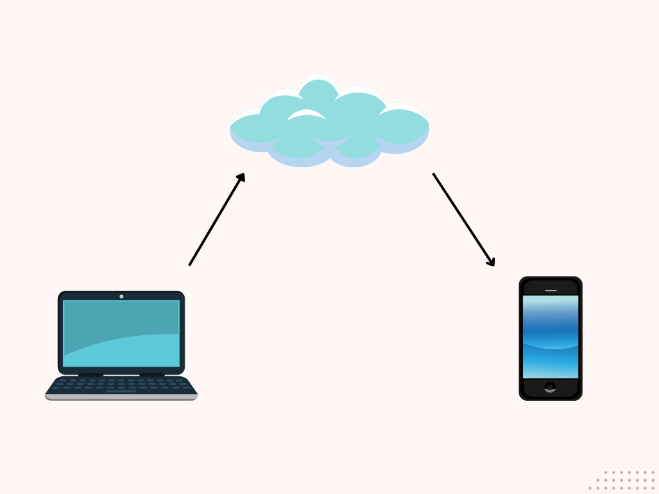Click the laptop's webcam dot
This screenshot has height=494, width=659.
pyautogui.click(x=121, y=297)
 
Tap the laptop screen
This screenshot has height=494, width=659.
pyautogui.click(x=121, y=333)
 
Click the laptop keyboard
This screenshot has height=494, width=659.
pyautogui.click(x=121, y=384)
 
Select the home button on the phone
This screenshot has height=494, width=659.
pyautogui.click(x=550, y=387)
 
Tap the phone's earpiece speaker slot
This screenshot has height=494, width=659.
pyautogui.click(x=551, y=290)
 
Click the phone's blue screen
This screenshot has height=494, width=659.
pyautogui.click(x=550, y=336)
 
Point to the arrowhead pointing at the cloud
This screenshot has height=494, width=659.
pyautogui.click(x=241, y=177)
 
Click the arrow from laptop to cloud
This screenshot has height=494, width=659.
pyautogui.click(x=216, y=220)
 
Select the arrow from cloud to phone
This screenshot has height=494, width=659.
pyautogui.click(x=463, y=219)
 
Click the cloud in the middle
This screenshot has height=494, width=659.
pyautogui.click(x=329, y=125)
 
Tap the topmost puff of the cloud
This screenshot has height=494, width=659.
pyautogui.click(x=319, y=90)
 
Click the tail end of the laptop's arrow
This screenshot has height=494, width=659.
pyautogui.click(x=190, y=264)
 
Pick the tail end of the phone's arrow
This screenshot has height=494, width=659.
pyautogui.click(x=434, y=174)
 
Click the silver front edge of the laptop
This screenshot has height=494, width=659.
pyautogui.click(x=121, y=397)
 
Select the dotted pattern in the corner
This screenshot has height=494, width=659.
pyautogui.click(x=622, y=480)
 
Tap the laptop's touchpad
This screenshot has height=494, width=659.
pyautogui.click(x=121, y=391)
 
